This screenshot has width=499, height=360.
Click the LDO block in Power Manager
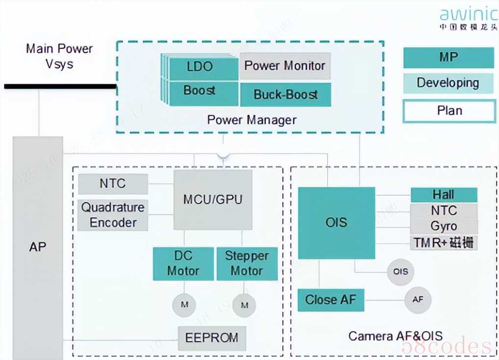coord(200,67)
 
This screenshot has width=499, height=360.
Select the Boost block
coord(200,91)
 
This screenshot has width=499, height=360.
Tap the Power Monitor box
coord(285,66)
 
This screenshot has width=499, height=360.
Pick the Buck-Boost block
coord(285,94)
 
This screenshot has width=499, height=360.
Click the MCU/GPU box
coord(213,200)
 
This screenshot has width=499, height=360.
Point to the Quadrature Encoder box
coord(113,215)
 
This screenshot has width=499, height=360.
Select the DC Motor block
coord(183,263)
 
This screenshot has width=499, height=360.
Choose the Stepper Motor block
coord(247,263)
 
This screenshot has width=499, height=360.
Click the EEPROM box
coord(212,338)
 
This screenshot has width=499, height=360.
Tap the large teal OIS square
coord(336,222)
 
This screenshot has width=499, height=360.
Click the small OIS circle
coord(400,271)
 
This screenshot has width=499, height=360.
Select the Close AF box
coord(331,300)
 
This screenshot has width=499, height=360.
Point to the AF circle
coord(418,299)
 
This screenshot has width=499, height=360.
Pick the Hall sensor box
coord(444,195)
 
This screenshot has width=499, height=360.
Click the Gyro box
coord(444,226)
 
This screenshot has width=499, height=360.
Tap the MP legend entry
coord(448,57)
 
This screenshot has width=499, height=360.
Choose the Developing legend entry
coord(448,83)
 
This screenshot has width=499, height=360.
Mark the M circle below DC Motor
coord(184,305)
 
